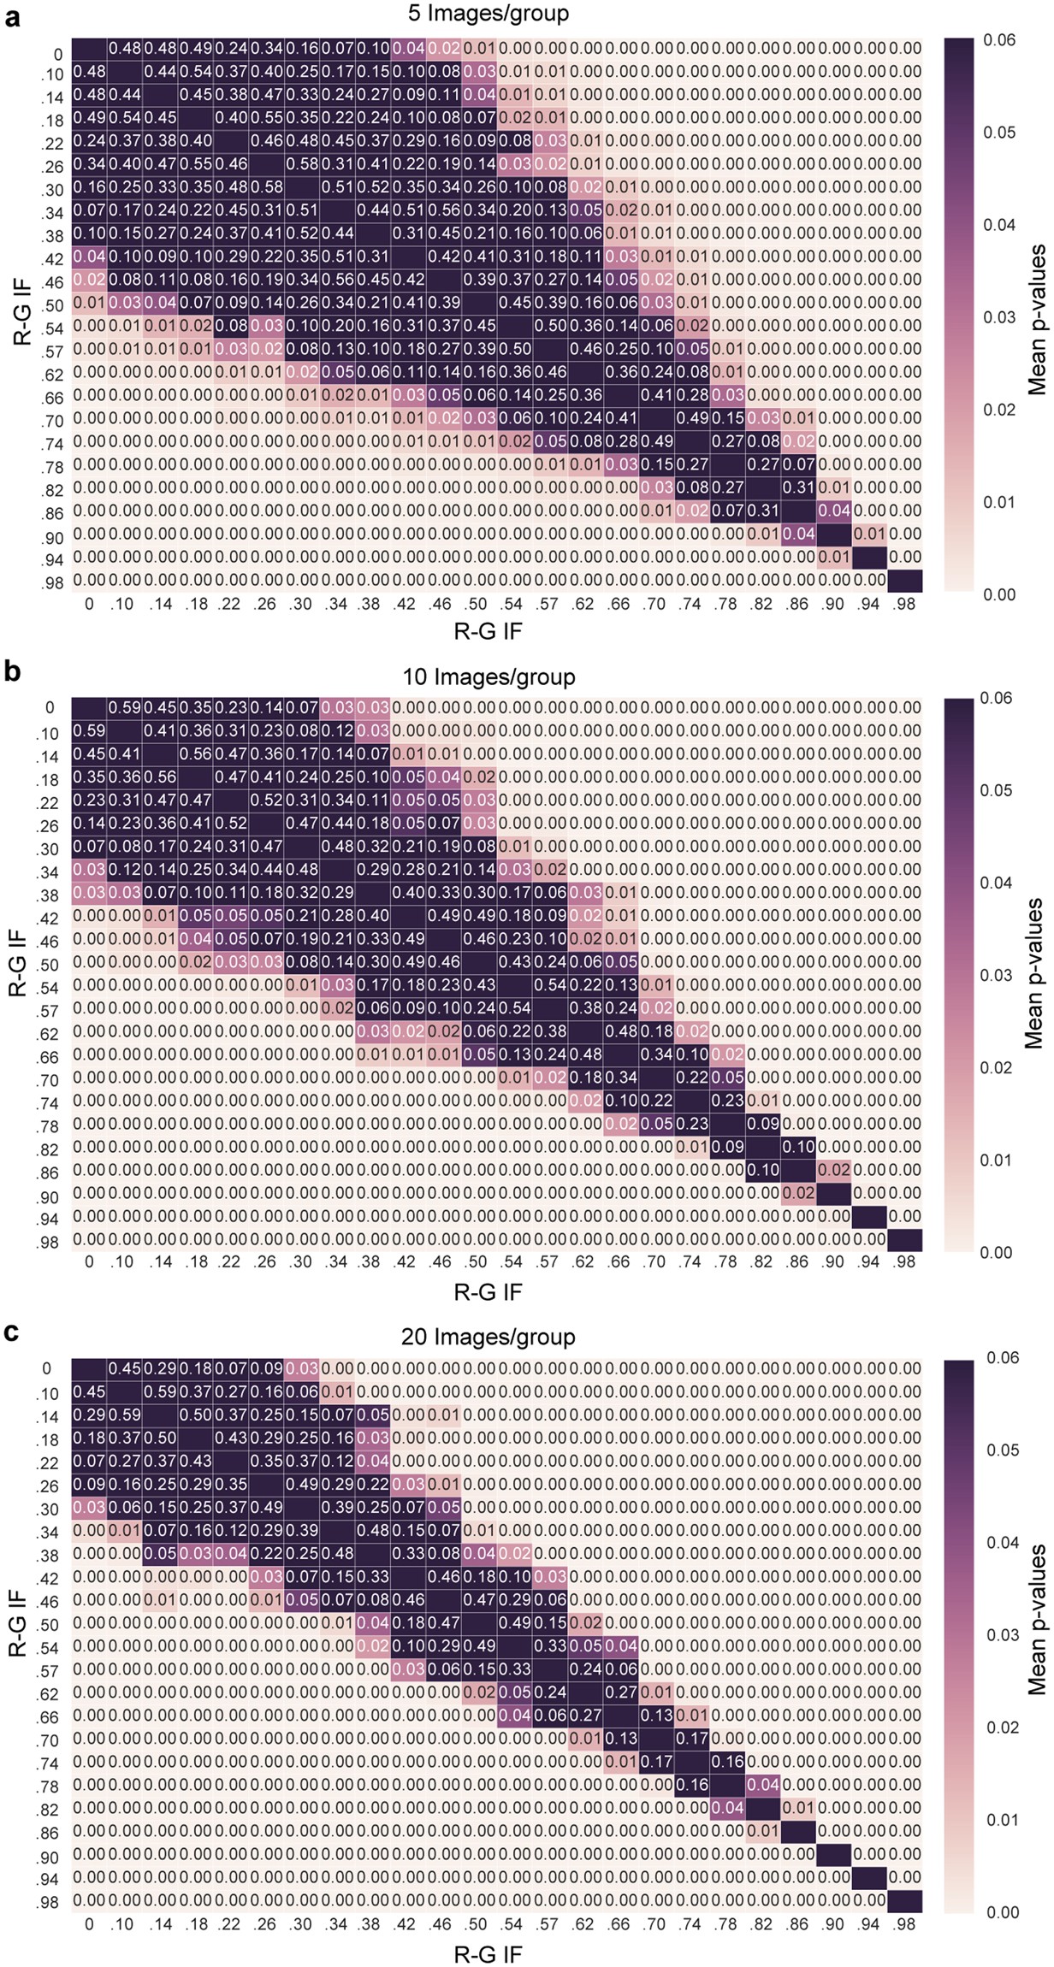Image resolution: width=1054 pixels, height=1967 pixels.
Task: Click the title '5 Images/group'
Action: click(x=488, y=14)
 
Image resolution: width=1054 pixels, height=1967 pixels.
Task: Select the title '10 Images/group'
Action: click(x=488, y=676)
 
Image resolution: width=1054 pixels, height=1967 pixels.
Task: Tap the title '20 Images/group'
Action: click(x=488, y=1337)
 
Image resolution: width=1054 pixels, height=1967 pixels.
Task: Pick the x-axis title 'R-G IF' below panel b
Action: click(x=488, y=1291)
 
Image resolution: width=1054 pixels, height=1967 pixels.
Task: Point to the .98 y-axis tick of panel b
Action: click(x=48, y=1243)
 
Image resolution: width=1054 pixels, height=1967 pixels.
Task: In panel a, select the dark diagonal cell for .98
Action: click(x=905, y=580)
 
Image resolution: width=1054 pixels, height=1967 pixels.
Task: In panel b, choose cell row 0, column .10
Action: click(x=125, y=708)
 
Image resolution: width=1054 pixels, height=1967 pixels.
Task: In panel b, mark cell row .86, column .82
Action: click(x=761, y=1170)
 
